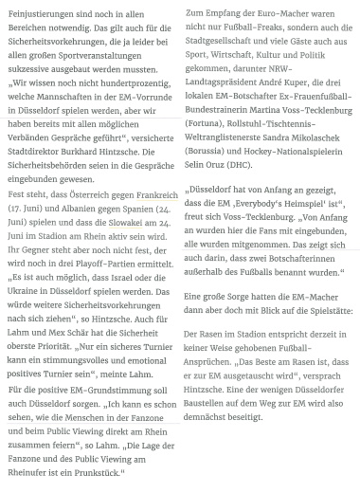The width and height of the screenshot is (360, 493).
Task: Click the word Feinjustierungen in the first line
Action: [x=40, y=14]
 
